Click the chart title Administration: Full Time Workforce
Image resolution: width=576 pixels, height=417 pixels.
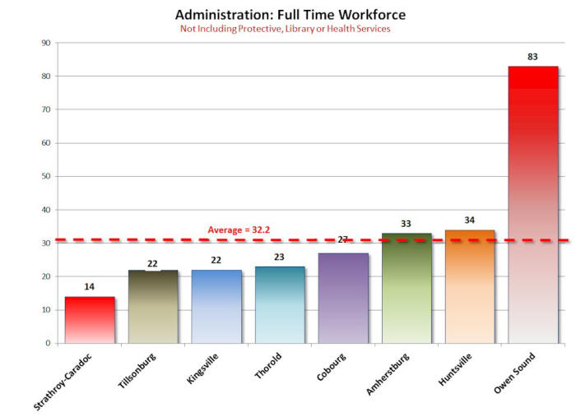coord(290,15)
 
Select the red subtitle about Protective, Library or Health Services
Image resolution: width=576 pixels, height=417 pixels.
coord(285,29)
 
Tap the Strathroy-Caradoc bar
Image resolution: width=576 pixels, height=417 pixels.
coord(90,320)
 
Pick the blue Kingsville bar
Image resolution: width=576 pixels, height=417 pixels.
coord(216,307)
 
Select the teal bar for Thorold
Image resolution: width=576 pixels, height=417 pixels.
coord(280,305)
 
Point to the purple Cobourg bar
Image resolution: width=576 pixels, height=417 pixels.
coord(343,299)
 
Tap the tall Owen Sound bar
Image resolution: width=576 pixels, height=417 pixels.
coord(533,205)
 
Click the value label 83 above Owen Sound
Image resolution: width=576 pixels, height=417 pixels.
coord(533,57)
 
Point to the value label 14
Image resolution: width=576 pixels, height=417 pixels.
coord(90,287)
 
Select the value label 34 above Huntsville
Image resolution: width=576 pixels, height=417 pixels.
coord(470,220)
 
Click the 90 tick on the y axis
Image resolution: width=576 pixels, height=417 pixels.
coord(45,43)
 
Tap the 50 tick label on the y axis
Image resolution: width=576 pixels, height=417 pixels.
coord(45,176)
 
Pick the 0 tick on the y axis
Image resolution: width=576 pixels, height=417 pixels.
coord(48,343)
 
